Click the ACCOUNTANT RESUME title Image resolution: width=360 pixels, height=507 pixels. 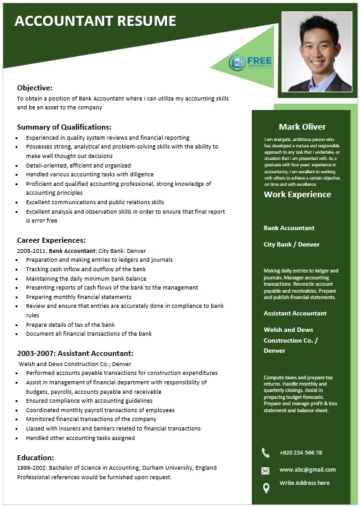(x=95, y=21)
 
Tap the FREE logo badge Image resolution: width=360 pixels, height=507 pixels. (x=244, y=62)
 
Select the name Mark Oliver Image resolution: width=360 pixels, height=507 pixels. (x=302, y=126)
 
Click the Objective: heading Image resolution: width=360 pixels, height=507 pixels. (x=35, y=88)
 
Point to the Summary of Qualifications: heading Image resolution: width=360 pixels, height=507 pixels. (x=64, y=126)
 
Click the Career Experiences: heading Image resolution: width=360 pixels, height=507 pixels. (x=51, y=240)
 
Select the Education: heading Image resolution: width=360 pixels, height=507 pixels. (x=35, y=457)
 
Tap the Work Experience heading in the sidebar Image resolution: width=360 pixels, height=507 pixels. (x=297, y=194)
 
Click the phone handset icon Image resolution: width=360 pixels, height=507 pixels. (x=266, y=453)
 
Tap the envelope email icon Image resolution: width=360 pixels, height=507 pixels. (x=266, y=470)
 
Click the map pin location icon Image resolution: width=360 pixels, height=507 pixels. (x=266, y=487)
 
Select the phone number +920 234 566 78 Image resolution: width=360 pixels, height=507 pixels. (x=301, y=453)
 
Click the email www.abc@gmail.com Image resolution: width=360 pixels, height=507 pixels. (x=307, y=470)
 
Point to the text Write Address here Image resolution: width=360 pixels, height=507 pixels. (x=304, y=483)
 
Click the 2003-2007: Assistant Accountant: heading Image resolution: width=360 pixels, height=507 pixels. (x=75, y=353)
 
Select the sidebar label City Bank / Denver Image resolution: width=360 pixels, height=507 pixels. (x=292, y=244)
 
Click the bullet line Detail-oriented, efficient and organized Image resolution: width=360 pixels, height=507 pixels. (x=70, y=165)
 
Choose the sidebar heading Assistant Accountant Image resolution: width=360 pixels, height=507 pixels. (x=295, y=313)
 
